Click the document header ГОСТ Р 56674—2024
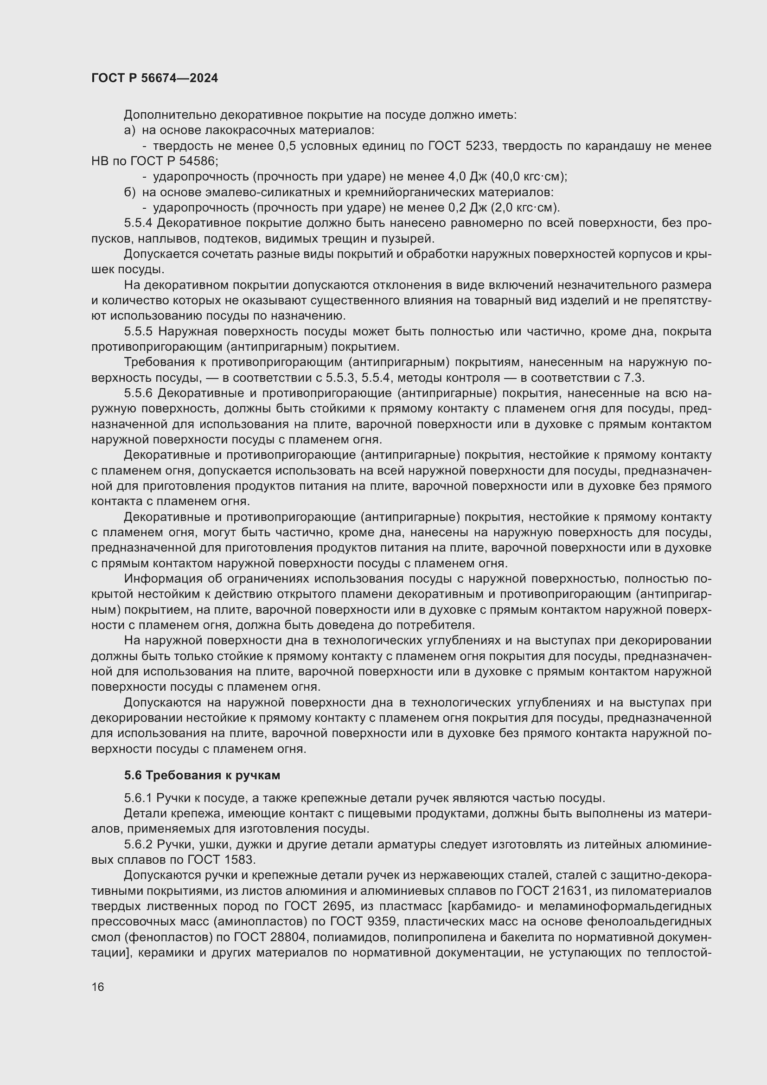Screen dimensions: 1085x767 pos(154,78)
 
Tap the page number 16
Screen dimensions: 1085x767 pos(98,987)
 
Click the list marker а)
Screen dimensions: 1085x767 pos(129,130)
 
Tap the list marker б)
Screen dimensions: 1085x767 pos(129,193)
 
